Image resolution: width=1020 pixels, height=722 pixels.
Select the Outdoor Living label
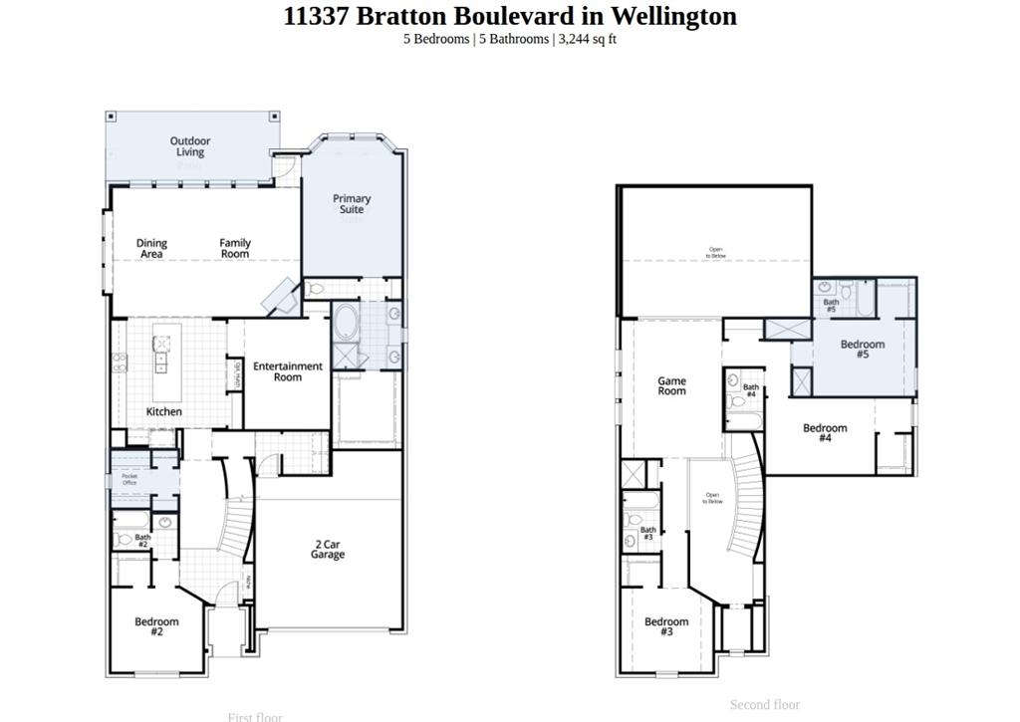tap(189, 146)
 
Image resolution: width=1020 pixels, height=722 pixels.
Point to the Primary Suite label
tap(352, 204)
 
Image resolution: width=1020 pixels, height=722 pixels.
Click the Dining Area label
tap(151, 248)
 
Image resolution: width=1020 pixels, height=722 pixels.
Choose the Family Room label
tap(235, 248)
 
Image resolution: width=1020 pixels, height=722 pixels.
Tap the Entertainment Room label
tap(287, 371)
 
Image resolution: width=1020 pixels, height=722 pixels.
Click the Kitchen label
tap(164, 411)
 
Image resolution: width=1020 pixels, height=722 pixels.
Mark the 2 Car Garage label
tap(328, 549)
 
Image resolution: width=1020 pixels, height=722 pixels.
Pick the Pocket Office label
tap(129, 479)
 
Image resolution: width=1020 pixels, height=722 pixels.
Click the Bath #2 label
tap(142, 541)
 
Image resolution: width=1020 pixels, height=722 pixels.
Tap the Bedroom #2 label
tap(156, 626)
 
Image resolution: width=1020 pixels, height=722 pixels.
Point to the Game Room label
tap(671, 385)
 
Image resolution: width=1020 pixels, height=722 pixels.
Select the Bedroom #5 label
tap(862, 350)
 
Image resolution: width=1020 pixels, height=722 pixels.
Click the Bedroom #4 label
tap(825, 432)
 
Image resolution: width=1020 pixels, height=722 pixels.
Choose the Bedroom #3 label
tap(665, 626)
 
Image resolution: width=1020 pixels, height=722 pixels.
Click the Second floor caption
tap(764, 704)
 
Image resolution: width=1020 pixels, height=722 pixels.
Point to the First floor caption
tap(255, 716)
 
